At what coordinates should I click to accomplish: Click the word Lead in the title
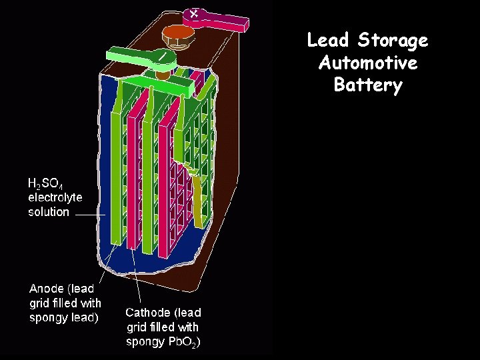click(x=328, y=41)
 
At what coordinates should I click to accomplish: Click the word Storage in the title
click(x=393, y=41)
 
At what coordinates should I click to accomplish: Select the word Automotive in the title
click(x=368, y=63)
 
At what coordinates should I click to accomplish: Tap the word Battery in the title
click(x=368, y=85)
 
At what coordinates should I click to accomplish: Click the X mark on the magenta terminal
click(x=194, y=13)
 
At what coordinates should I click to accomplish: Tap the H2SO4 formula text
click(x=45, y=183)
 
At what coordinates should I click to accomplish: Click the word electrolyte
click(x=55, y=197)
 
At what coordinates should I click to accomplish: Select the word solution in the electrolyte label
click(x=48, y=212)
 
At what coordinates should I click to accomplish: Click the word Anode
click(x=46, y=289)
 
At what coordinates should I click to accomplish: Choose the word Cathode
click(x=148, y=312)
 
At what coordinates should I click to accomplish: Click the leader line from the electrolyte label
click(x=89, y=215)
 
